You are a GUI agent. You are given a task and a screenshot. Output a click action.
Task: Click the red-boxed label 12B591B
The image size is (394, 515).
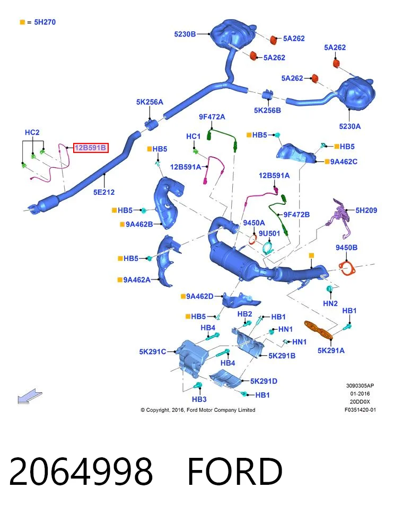coord(91,148)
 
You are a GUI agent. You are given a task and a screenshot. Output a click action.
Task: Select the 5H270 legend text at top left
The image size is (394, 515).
coord(45,22)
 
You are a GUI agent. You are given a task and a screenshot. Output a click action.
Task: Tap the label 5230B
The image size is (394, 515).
coord(185,34)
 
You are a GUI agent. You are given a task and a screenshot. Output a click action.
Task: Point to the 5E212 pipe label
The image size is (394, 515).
coord(104,192)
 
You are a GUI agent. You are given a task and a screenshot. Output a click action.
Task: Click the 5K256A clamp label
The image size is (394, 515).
coord(150,102)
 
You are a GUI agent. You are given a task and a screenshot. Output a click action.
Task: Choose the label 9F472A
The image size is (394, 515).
coord(212,117)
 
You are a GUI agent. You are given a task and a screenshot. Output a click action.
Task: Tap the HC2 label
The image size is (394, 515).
coord(32,132)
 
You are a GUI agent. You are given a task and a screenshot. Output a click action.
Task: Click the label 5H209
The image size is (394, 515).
coord(366,210)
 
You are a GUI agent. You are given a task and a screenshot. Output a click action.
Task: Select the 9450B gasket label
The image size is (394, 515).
coord(347,248)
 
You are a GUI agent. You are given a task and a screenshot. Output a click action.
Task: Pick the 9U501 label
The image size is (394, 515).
coord(269,233)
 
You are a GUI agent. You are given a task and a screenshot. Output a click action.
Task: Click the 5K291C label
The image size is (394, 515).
coord(153,352)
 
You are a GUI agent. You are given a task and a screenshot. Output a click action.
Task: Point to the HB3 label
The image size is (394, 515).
coord(199,400)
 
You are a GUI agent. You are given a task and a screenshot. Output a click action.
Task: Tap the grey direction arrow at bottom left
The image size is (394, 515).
coord(30,396)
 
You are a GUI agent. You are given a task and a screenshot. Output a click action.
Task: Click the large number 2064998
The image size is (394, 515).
coord(81,471)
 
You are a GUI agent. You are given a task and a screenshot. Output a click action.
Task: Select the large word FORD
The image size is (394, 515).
coord(235,471)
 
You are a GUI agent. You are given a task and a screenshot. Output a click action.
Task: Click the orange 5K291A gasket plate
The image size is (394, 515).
coord(318,330)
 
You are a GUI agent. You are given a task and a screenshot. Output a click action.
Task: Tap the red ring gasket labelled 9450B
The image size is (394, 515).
coord(347,268)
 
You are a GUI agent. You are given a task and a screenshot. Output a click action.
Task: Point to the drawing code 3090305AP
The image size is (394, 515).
coord(360,386)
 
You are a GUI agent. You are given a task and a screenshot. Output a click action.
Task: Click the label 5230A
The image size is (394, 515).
coord(350,127)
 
